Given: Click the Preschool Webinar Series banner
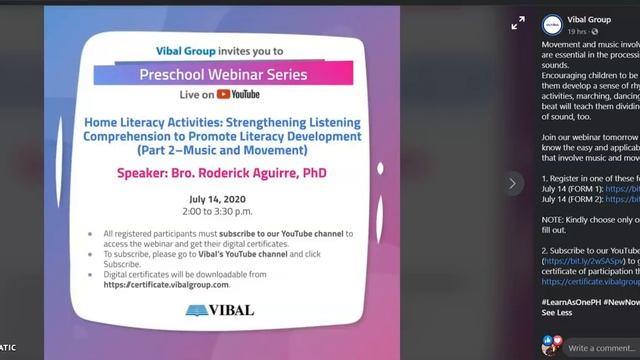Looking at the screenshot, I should click(x=224, y=74).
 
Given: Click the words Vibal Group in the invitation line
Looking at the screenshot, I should click(x=185, y=50).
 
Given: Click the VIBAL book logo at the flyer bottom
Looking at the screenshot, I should click(x=220, y=310).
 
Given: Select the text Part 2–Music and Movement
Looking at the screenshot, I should click(x=223, y=150).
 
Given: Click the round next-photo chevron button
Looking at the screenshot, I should click(x=513, y=183).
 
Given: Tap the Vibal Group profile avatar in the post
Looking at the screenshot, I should click(x=551, y=24).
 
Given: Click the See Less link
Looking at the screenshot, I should click(x=558, y=312).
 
